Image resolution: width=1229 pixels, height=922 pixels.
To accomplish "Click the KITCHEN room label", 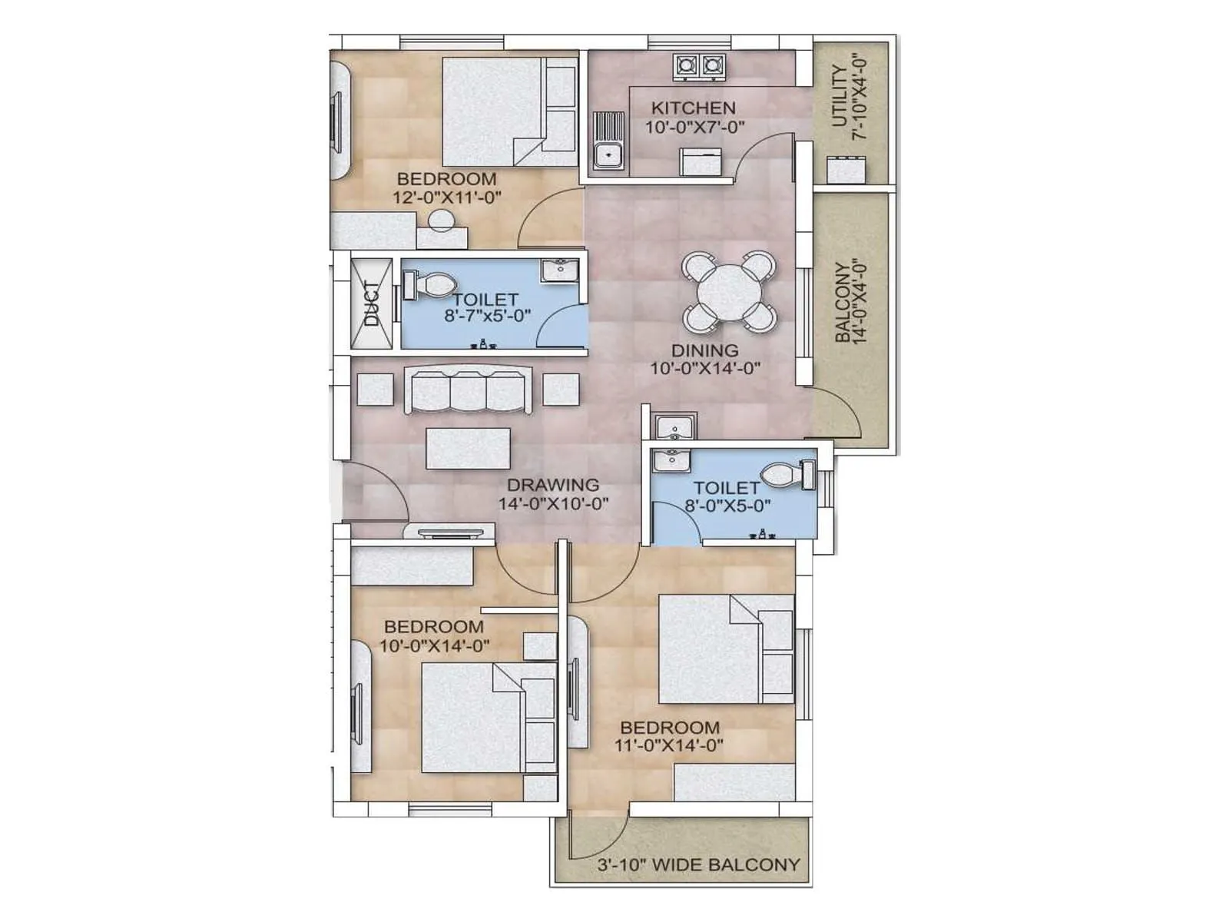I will tap(693, 108).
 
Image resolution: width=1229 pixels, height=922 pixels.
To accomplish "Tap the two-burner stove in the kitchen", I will tap(698, 66).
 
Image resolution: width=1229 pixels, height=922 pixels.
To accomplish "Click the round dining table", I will tap(729, 293).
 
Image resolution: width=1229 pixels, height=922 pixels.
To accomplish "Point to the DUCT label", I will tap(372, 303).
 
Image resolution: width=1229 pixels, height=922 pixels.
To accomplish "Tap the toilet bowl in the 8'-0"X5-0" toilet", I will tap(783, 474).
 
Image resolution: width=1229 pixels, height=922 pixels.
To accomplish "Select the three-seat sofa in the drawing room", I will tap(467, 390).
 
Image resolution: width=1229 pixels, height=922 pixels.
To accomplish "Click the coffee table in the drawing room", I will tap(467, 448).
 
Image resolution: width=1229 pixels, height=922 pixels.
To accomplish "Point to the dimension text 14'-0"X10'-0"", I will tap(553, 504).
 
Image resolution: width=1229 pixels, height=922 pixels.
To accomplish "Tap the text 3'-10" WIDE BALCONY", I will tap(698, 864).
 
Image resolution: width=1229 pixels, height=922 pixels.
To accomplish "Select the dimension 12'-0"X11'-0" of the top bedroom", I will tap(447, 197).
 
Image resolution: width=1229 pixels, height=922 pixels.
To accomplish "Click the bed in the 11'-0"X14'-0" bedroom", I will tap(726, 649).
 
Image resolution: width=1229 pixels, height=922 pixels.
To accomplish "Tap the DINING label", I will tap(704, 350).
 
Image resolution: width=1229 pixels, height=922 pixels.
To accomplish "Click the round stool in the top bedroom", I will tap(442, 220).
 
